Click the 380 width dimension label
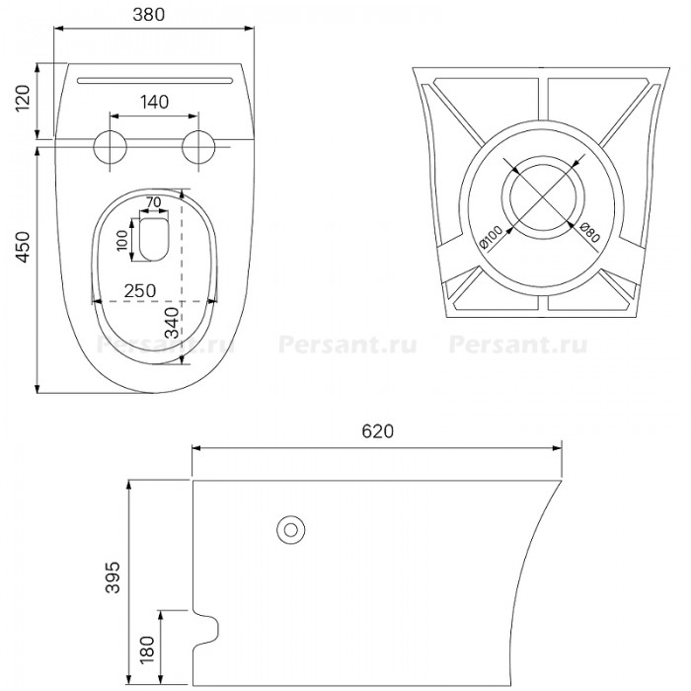pyautogui.click(x=148, y=15)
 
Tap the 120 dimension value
pyautogui.click(x=23, y=98)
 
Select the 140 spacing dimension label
pyautogui.click(x=155, y=102)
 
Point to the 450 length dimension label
pyautogui.click(x=23, y=247)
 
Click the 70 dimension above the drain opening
pyautogui.click(x=153, y=202)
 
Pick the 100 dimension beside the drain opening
pyautogui.click(x=122, y=240)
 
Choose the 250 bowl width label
pyautogui.click(x=140, y=291)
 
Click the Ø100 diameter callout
pyautogui.click(x=491, y=237)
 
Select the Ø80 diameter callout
pyautogui.click(x=590, y=232)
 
